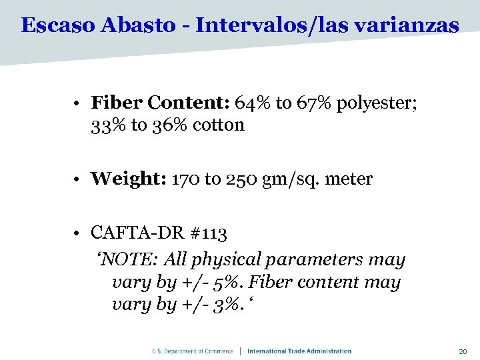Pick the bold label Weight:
(x=129, y=179)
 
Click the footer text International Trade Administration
(x=299, y=351)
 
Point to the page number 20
(x=463, y=351)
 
